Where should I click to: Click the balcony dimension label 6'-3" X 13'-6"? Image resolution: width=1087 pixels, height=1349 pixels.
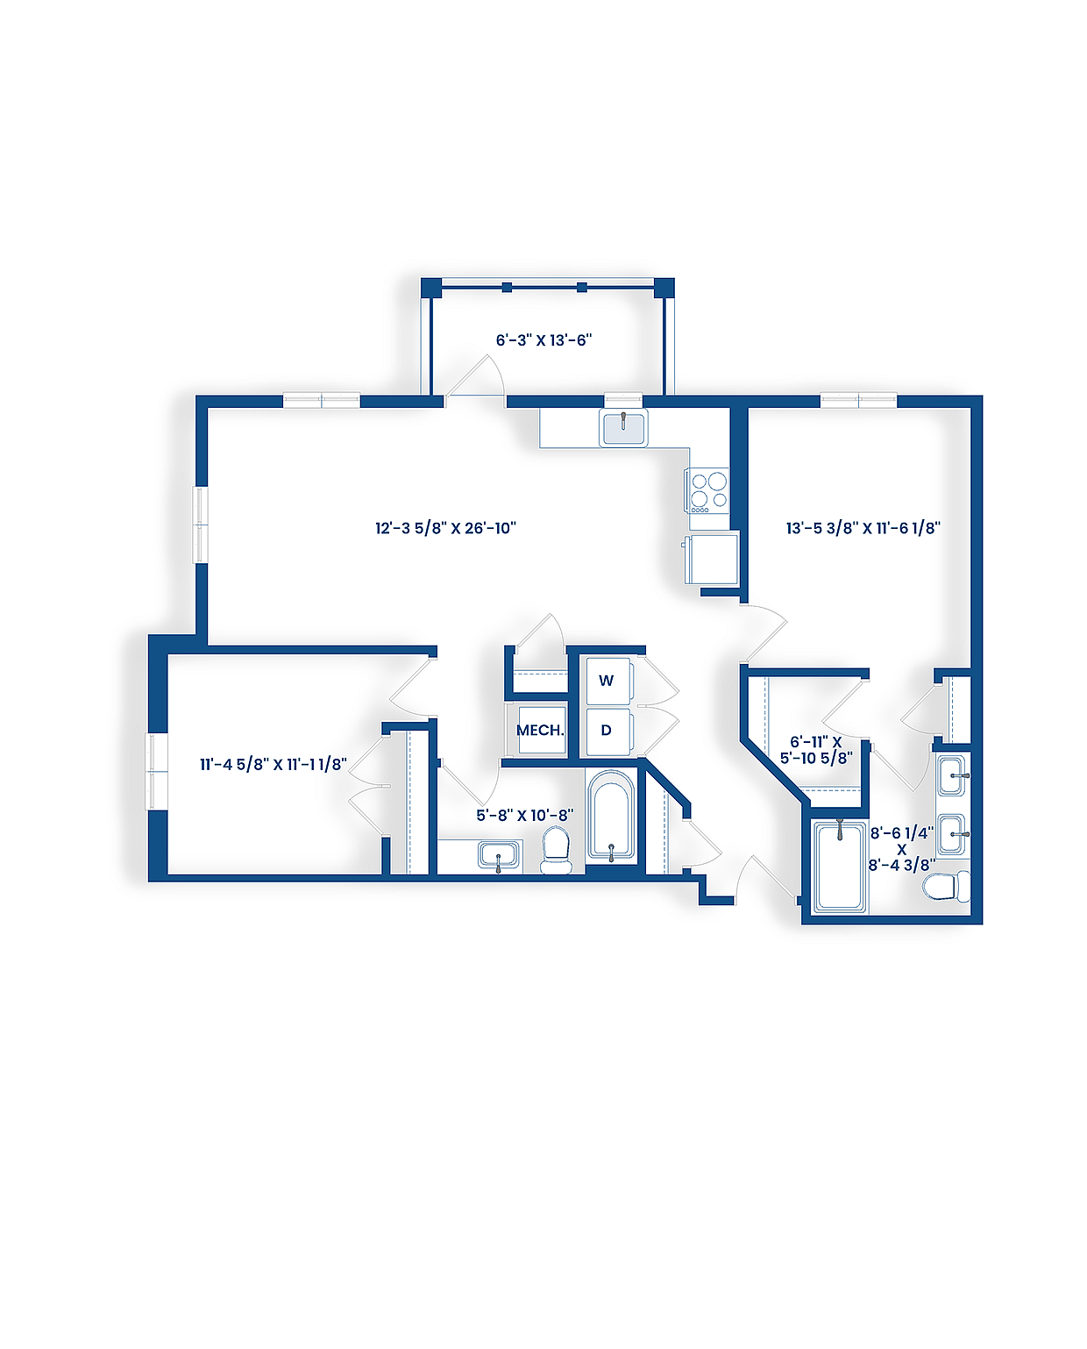[x=543, y=339]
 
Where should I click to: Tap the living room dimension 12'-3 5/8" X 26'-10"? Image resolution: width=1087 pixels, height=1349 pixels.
[x=445, y=528]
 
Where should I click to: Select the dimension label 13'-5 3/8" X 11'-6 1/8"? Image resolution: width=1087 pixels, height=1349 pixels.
[x=863, y=528]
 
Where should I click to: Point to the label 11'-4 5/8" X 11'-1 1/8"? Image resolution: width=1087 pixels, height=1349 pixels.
[x=273, y=764]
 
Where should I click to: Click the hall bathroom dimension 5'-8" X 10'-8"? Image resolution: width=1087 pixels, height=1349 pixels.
[x=524, y=815]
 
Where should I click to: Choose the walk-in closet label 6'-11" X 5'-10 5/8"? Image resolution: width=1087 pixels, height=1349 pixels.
[x=816, y=750]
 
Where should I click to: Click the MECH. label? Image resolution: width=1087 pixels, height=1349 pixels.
[x=540, y=730]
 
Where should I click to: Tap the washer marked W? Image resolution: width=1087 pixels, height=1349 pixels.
[x=607, y=681]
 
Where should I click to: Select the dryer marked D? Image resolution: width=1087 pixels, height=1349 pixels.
[x=607, y=730]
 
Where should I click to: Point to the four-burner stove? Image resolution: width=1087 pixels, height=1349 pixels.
[x=708, y=492]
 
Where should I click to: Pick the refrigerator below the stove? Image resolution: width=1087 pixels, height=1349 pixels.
[x=713, y=559]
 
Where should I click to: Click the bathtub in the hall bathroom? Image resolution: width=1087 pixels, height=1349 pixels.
[x=610, y=816]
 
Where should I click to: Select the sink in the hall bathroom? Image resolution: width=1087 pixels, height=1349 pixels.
[x=500, y=855]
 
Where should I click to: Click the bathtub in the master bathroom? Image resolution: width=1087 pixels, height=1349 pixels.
[x=840, y=866]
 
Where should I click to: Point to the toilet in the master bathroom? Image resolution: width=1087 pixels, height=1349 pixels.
[x=947, y=886]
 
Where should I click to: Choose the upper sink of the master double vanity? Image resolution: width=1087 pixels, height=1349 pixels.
[x=952, y=775]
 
